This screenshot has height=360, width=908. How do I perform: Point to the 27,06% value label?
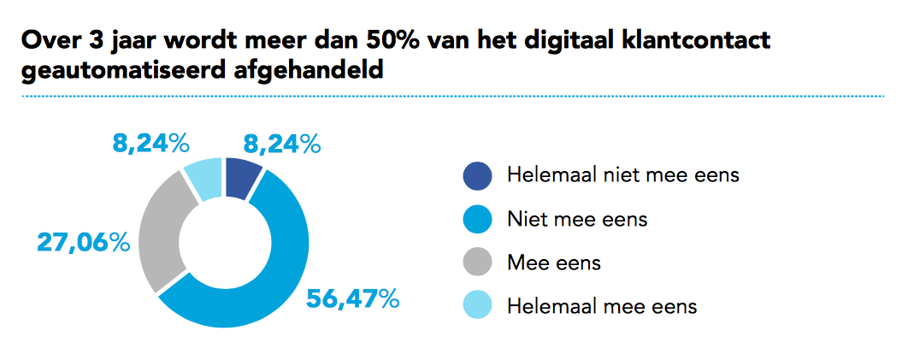point(83,243)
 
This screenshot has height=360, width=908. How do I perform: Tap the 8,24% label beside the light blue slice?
point(150,144)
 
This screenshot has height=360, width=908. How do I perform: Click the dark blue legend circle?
point(478,176)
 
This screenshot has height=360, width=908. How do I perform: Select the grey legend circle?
point(478,263)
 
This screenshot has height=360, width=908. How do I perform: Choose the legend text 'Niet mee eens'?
point(577,219)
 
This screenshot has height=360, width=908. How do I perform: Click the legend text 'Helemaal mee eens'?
point(602,305)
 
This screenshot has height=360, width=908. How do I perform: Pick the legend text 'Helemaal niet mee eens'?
point(622,176)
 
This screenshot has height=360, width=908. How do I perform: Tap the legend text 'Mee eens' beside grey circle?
point(553,263)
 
